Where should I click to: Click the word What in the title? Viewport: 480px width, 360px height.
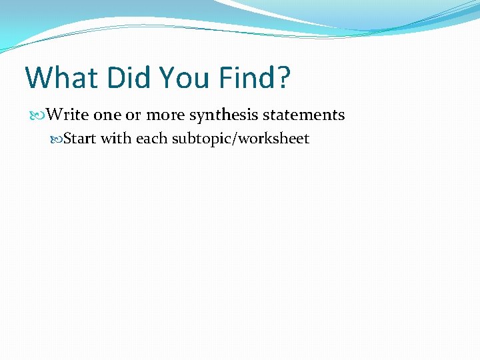(x=61, y=78)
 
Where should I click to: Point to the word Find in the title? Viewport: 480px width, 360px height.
(x=247, y=78)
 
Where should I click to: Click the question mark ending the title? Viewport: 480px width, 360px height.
(x=284, y=78)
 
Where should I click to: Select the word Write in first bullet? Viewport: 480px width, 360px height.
(x=67, y=115)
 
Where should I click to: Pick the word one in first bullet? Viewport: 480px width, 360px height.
(x=107, y=115)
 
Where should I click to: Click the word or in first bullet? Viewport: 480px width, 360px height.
(x=133, y=115)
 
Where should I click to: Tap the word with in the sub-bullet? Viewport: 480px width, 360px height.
(x=116, y=139)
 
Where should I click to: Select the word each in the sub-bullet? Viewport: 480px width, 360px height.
(x=152, y=139)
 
